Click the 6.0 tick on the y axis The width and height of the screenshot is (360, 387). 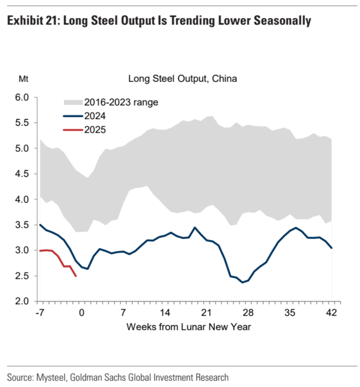click(22, 97)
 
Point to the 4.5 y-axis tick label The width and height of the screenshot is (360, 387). click(22, 174)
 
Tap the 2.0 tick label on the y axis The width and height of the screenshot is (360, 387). click(22, 301)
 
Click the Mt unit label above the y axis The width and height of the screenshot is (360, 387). click(23, 79)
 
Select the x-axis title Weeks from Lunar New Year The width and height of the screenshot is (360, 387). click(189, 327)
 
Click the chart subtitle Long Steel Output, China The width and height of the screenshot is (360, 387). click(183, 79)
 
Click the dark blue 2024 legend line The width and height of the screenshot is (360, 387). click(72, 116)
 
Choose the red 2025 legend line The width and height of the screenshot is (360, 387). click(72, 130)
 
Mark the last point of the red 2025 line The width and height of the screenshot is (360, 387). click(76, 276)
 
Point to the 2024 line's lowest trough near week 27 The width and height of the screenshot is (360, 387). click(242, 282)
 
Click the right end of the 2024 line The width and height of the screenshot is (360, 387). click(332, 248)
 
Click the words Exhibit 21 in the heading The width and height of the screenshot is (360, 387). click(30, 21)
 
